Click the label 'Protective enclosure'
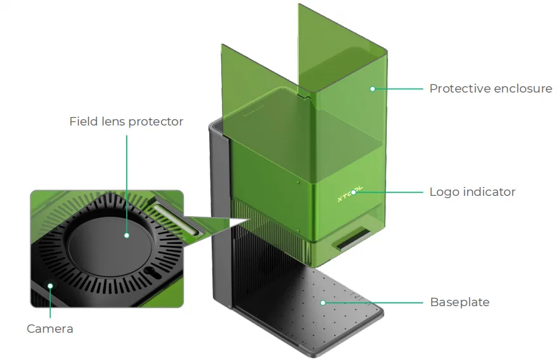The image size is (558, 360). tap(491, 89)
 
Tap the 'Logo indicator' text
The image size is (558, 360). tap(472, 192)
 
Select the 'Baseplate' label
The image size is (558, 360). tap(460, 302)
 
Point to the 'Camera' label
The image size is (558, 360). tap(50, 329)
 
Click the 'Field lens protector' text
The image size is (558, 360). tap(126, 122)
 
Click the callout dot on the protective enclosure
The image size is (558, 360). tap(372, 89)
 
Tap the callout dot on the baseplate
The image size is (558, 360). tap(323, 303)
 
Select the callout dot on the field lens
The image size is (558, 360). tap(127, 235)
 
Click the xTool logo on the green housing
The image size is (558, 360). tap(350, 194)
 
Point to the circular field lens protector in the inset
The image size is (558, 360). tap(111, 241)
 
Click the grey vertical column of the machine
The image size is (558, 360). tap(221, 214)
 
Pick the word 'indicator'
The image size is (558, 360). tap(489, 192)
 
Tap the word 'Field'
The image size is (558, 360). tap(84, 122)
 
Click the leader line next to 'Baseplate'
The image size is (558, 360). tap(373, 303)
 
